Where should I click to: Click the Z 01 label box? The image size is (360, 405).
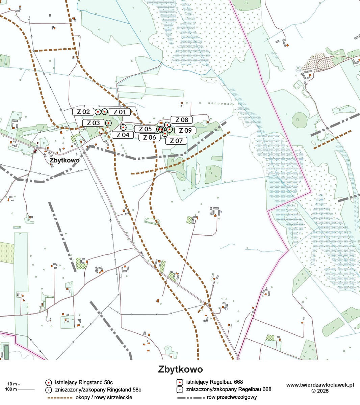[x=120, y=112]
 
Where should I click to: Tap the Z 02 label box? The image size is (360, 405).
[x=83, y=112]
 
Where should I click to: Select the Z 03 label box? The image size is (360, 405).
[x=94, y=123]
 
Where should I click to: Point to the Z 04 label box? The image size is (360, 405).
[x=123, y=135]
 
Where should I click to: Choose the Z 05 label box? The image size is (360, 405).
[x=145, y=129]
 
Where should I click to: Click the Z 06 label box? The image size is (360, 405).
[x=150, y=137]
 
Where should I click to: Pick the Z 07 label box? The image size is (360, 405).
[x=176, y=141]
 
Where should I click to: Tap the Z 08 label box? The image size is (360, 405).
[x=182, y=120]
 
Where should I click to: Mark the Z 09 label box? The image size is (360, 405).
[x=185, y=131]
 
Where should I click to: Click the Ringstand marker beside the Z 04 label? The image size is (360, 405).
[x=123, y=127]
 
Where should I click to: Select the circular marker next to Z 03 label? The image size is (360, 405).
[x=108, y=123]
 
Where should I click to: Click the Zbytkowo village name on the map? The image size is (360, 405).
[x=65, y=160]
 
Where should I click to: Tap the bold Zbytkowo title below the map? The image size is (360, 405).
[x=180, y=369]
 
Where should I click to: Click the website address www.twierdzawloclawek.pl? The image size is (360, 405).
[x=320, y=385]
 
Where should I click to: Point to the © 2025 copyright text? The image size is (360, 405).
[x=320, y=391]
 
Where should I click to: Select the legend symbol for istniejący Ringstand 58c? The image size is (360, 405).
[x=49, y=382]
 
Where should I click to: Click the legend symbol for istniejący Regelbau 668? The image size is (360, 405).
[x=180, y=382]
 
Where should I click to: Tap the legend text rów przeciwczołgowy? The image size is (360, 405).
[x=235, y=397]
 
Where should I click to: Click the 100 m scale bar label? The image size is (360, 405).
[x=12, y=389]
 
